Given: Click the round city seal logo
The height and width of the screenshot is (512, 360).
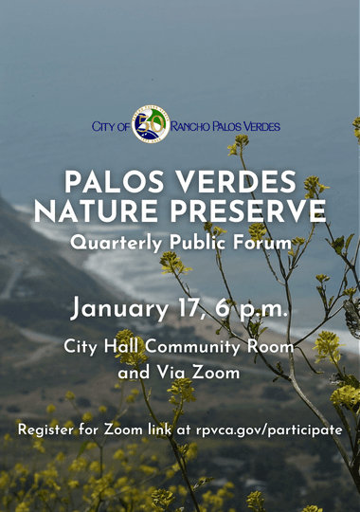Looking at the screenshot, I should point(151,124).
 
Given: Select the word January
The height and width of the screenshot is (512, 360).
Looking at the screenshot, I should point(121,308).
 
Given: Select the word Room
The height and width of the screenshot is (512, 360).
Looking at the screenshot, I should point(275,347).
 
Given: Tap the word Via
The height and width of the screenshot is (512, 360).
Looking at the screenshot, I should point(173,374).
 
